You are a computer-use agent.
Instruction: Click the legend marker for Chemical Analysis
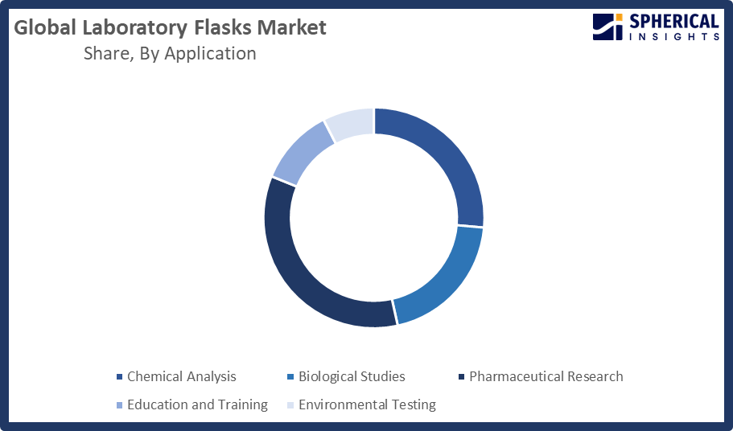(x=119, y=377)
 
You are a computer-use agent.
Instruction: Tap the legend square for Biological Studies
(x=290, y=377)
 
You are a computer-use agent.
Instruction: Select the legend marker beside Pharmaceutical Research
(x=461, y=377)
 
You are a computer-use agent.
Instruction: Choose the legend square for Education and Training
(x=119, y=404)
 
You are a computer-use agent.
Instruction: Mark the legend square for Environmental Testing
(x=290, y=404)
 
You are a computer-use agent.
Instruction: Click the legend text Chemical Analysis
(x=181, y=376)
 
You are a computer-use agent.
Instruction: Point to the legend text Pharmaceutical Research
(x=546, y=376)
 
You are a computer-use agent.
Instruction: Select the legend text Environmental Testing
(x=367, y=404)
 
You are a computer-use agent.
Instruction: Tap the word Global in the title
(x=45, y=27)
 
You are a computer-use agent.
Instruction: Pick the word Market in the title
(x=292, y=27)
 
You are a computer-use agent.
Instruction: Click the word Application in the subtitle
(x=210, y=54)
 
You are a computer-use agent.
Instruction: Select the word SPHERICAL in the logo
(x=674, y=22)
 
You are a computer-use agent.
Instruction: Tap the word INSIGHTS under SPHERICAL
(x=674, y=37)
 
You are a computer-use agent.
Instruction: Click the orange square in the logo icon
(x=620, y=17)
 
